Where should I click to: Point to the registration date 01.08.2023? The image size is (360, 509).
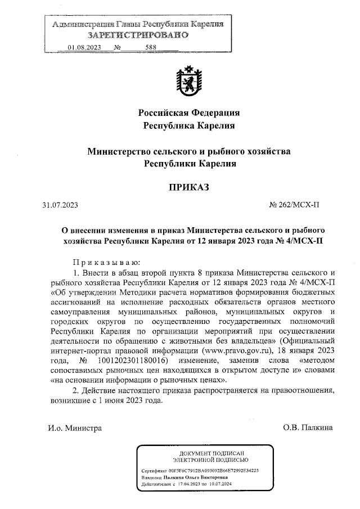[x=84, y=47]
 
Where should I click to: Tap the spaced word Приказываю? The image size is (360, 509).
[x=105, y=263]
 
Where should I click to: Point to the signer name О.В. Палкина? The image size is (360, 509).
[x=308, y=427]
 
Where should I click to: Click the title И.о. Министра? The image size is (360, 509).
[x=75, y=427]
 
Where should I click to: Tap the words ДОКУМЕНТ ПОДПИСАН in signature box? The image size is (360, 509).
[x=211, y=453]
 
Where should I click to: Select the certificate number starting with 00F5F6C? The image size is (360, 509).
[x=213, y=469]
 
